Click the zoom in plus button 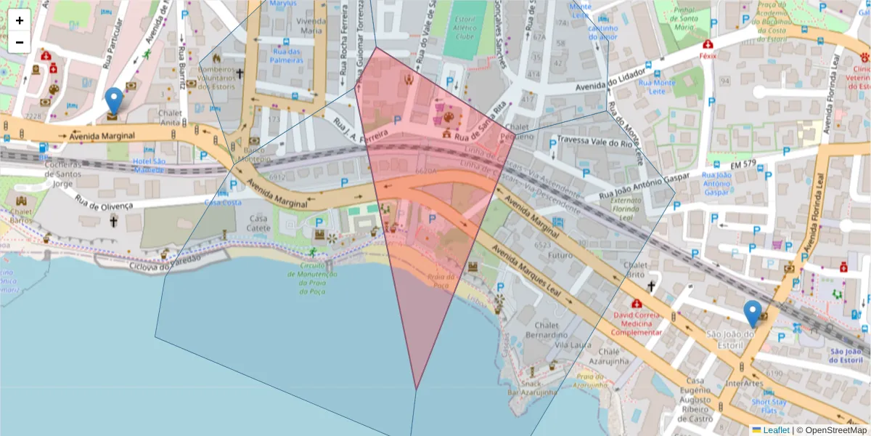pyautogui.click(x=20, y=20)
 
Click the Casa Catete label pyautogui.click(x=258, y=223)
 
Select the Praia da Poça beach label pyautogui.click(x=441, y=281)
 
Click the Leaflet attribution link pyautogui.click(x=776, y=430)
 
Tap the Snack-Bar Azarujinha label pyautogui.click(x=532, y=388)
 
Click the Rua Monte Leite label pyautogui.click(x=657, y=87)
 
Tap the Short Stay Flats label pyautogui.click(x=769, y=406)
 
